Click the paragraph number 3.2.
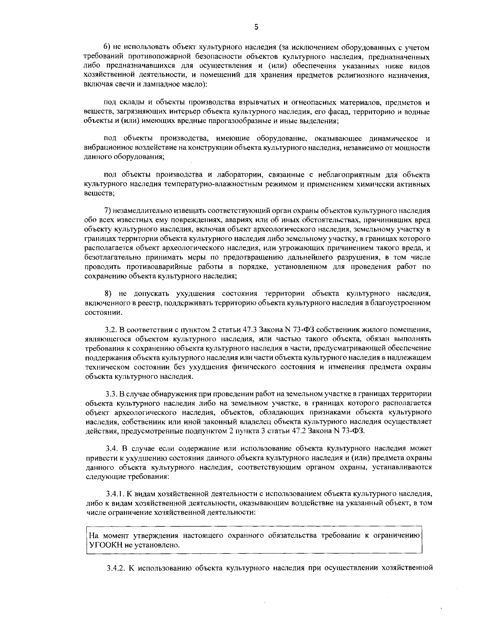(x=110, y=330)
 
